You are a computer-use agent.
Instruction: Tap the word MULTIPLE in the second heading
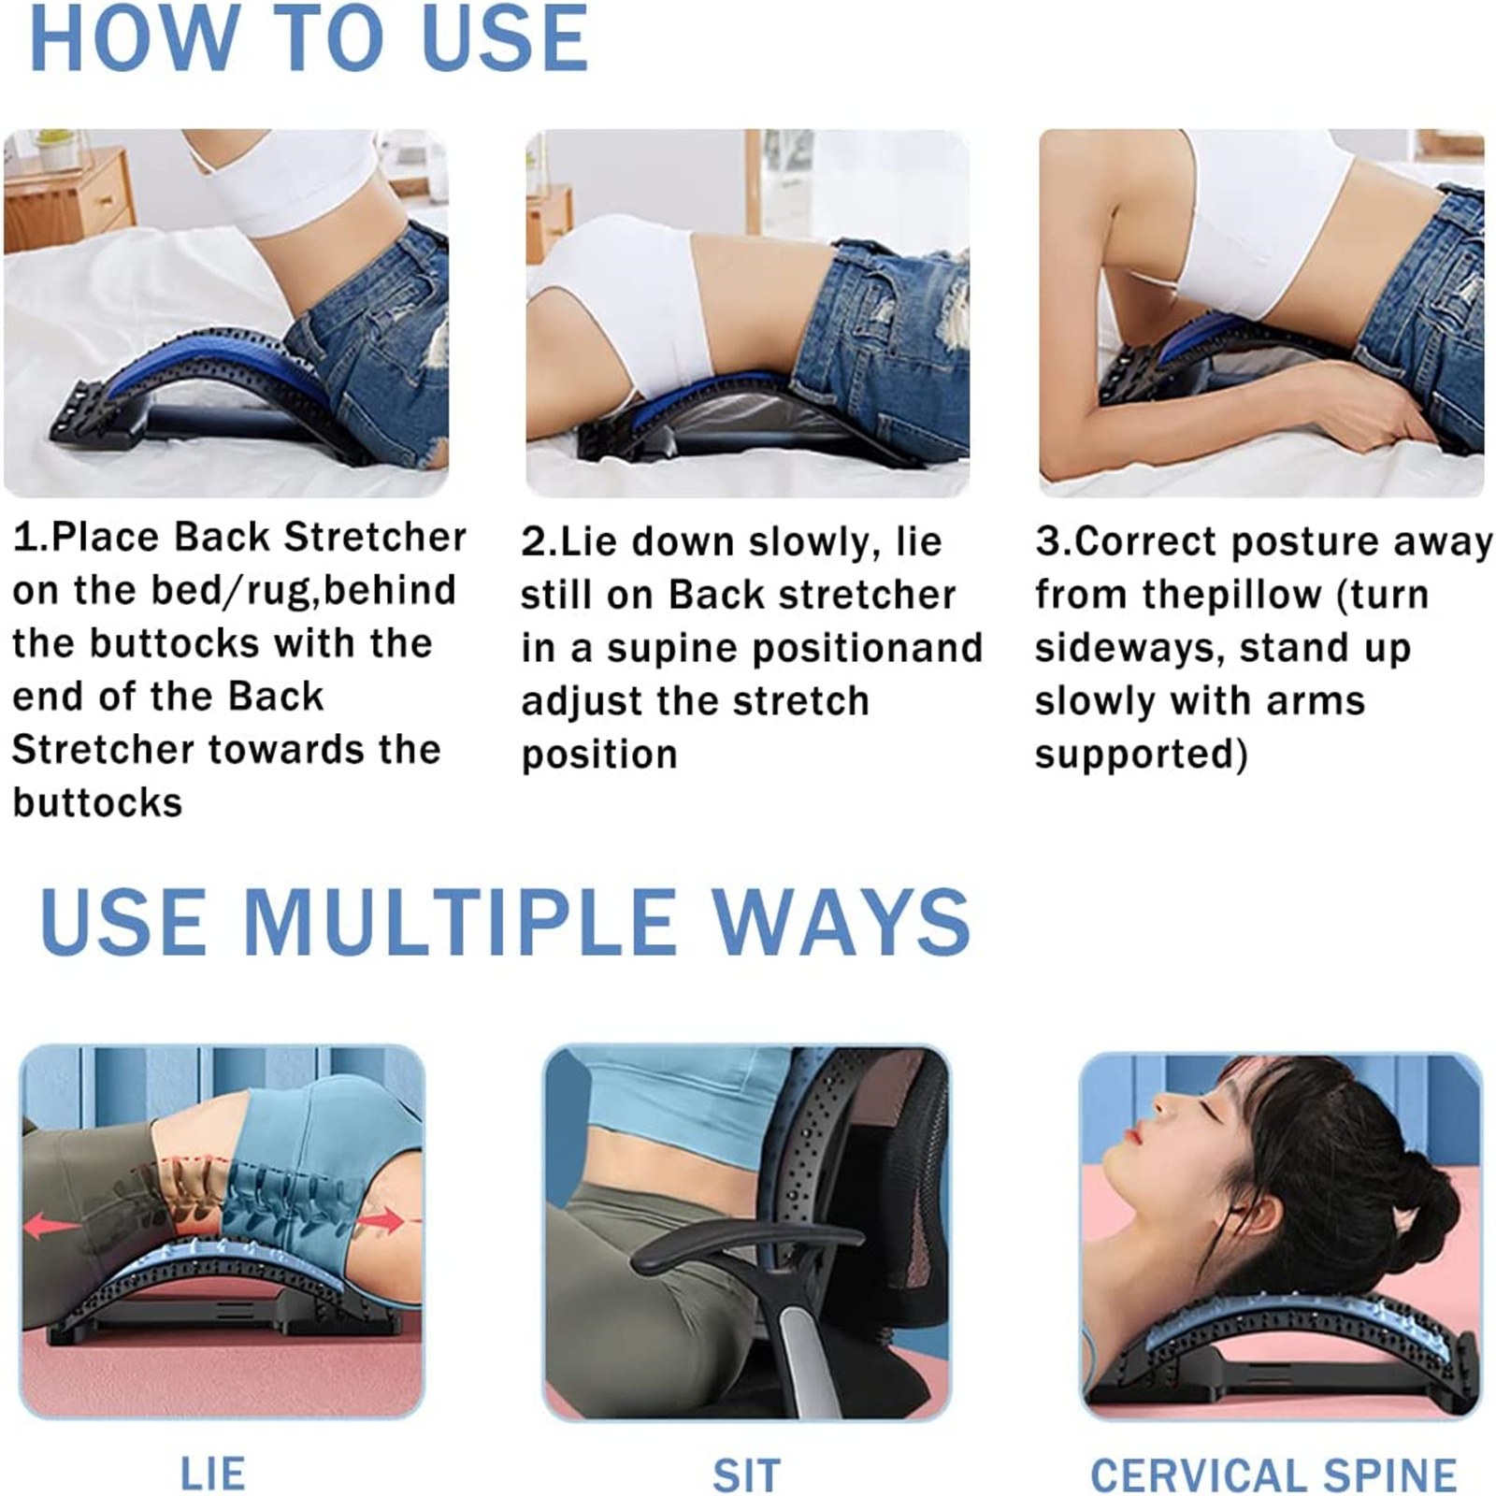click(x=460, y=922)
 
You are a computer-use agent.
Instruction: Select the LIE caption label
click(x=213, y=1474)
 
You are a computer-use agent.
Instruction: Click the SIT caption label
click(x=746, y=1475)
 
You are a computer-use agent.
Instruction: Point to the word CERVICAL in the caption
click(x=1201, y=1475)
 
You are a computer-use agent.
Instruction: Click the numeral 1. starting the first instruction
click(x=30, y=537)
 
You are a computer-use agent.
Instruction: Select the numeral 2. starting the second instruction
click(x=539, y=542)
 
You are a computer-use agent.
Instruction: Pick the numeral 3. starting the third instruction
click(x=1053, y=541)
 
